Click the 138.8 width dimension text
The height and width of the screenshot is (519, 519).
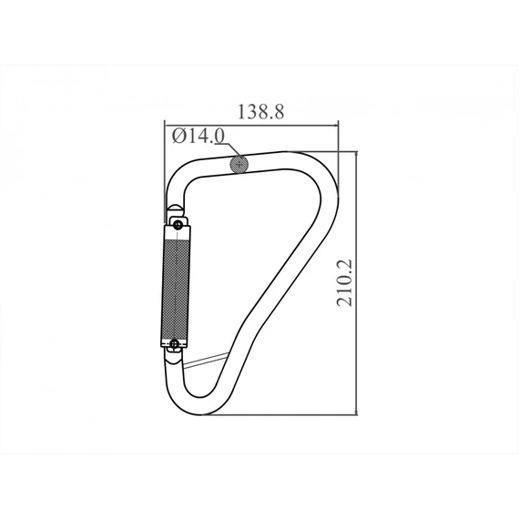click(261, 112)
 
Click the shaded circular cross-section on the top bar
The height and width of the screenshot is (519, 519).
click(240, 164)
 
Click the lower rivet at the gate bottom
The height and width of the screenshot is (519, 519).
click(175, 344)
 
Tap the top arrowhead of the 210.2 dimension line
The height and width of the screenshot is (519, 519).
click(356, 156)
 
